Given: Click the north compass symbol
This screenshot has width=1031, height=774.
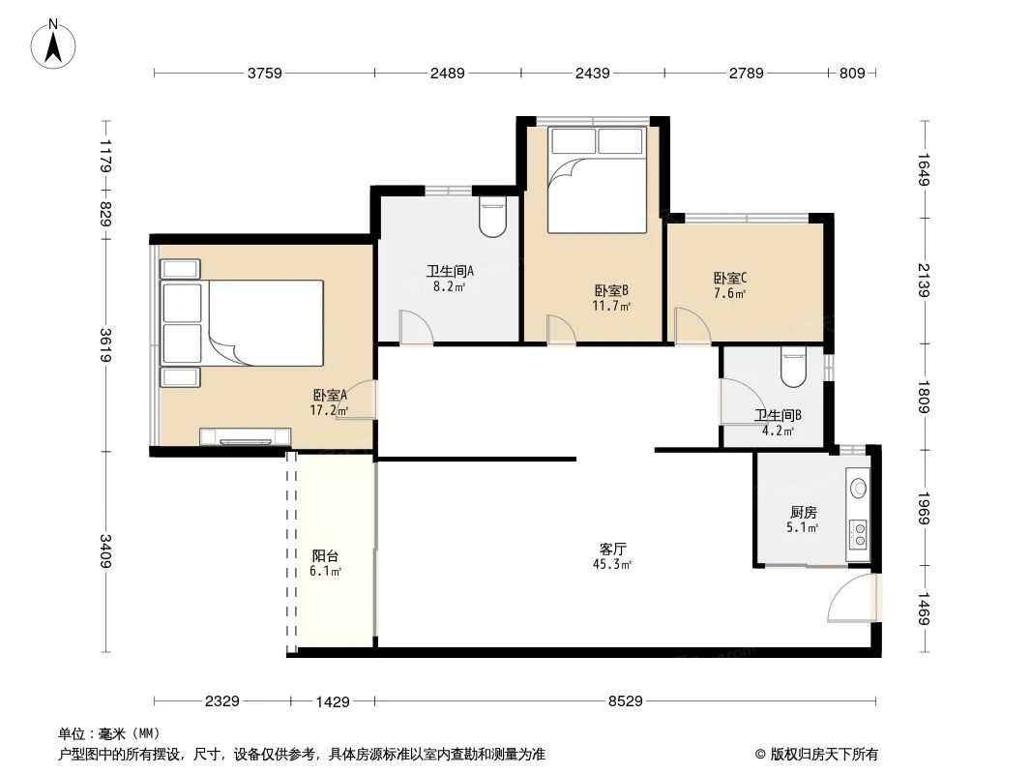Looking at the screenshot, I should (x=55, y=44).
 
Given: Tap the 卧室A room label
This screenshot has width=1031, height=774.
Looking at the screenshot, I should (x=329, y=395).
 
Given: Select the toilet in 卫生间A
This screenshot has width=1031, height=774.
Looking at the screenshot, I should (x=492, y=217).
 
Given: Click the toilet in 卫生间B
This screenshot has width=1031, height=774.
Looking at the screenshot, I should (x=792, y=365).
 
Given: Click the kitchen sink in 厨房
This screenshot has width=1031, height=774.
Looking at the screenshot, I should (x=857, y=488).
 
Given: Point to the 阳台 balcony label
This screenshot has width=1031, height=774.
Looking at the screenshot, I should (x=325, y=556).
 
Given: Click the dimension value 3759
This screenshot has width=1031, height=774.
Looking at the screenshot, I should (x=264, y=74).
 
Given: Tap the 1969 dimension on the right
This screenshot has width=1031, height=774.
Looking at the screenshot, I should (x=925, y=509).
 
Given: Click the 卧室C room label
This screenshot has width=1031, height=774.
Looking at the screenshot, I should (x=730, y=278).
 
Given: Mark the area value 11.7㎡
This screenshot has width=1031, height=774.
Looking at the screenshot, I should (x=611, y=306).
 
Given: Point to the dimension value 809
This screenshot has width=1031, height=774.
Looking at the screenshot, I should (x=852, y=74).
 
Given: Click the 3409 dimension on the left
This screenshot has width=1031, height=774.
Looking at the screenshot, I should (x=105, y=551).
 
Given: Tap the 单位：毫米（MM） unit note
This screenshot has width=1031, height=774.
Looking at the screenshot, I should (x=109, y=733).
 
